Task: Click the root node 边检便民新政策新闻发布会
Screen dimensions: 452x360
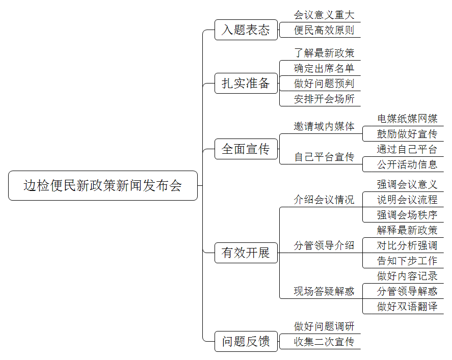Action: [x=103, y=185]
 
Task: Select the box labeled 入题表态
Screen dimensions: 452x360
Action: [x=246, y=30]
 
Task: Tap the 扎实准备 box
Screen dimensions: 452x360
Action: [x=246, y=83]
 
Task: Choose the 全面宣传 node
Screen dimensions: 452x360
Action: [x=246, y=149]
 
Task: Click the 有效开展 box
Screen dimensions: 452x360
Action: [x=246, y=253]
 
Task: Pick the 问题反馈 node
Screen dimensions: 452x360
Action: [x=246, y=341]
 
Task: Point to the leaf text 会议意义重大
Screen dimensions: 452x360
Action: [x=324, y=15]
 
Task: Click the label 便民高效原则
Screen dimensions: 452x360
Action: [x=324, y=30]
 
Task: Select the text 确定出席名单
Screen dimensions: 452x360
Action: [x=324, y=68]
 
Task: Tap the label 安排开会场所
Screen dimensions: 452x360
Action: [x=324, y=99]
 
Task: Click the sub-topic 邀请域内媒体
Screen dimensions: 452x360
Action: [x=324, y=126]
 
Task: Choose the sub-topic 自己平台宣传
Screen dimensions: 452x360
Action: [x=324, y=157]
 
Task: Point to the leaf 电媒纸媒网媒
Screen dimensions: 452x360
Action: [x=407, y=118]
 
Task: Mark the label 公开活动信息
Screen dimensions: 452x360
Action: [x=407, y=164]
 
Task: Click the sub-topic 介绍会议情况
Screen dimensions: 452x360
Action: [x=324, y=200]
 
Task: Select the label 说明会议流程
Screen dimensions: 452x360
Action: [x=407, y=200]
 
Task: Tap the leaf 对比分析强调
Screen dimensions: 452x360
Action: [x=407, y=245]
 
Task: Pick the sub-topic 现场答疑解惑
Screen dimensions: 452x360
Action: [x=324, y=291]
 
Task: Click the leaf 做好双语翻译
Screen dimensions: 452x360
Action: [x=407, y=307]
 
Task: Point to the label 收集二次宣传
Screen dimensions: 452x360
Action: [x=324, y=342]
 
